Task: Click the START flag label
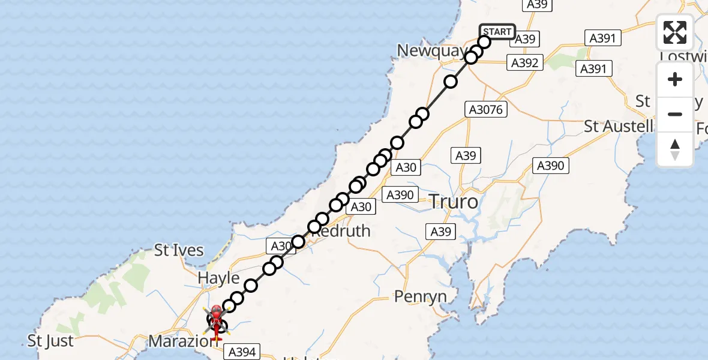[x=497, y=32]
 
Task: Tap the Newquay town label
[x=431, y=51]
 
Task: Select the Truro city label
[x=454, y=202]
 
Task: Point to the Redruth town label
[x=343, y=231]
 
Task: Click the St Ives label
[x=179, y=250]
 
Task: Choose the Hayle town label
[x=218, y=278]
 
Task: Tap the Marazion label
[x=178, y=341]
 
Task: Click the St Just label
[x=50, y=341]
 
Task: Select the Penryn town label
[x=420, y=296]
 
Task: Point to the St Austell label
[x=619, y=127]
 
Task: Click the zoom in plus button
[x=675, y=80]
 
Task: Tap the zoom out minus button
[x=675, y=114]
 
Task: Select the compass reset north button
[x=675, y=149]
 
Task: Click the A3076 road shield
[x=486, y=110]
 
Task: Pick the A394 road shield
[x=242, y=352]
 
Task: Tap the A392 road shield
[x=525, y=62]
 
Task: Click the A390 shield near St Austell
[x=550, y=166]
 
